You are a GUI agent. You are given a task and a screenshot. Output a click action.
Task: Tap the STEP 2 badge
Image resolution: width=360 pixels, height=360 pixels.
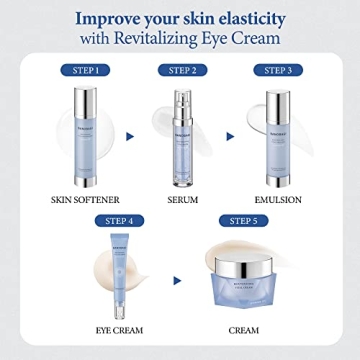point(182,71)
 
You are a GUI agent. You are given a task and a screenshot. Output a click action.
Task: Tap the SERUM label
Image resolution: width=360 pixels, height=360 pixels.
point(182,199)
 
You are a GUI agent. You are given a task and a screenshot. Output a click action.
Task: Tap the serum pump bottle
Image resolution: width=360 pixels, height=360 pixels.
point(182,134)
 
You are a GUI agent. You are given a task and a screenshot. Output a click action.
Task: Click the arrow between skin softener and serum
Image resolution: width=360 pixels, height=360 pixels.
point(133,132)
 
